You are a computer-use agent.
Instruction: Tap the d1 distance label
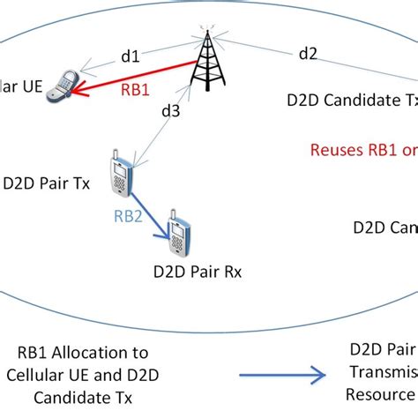point(130,56)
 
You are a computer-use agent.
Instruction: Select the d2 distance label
point(308,54)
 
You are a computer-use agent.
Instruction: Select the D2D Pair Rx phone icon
point(181,235)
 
